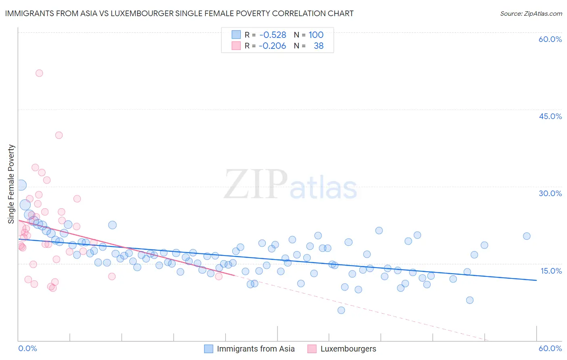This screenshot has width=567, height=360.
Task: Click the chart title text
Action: click(179, 13)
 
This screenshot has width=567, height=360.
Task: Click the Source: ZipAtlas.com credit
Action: click(531, 14)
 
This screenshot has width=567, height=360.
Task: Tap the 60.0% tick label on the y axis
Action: click(550, 39)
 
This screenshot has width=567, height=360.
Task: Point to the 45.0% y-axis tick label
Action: click(550, 116)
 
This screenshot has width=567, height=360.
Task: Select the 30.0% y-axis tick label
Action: click(550, 193)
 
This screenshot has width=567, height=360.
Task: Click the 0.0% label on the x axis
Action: click(27, 348)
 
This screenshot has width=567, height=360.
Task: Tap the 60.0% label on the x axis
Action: click(550, 348)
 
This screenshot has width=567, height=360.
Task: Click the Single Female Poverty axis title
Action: click(11, 184)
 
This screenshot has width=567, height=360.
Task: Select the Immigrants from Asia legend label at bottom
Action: click(256, 349)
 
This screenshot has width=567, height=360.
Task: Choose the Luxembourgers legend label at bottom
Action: click(348, 349)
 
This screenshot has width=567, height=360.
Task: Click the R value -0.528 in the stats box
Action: click(273, 35)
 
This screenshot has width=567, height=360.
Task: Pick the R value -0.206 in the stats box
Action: click(273, 46)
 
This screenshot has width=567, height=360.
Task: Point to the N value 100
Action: click(316, 35)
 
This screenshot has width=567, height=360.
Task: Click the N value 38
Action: click(319, 46)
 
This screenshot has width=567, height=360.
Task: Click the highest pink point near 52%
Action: click(39, 73)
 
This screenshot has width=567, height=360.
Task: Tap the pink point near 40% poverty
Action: click(59, 135)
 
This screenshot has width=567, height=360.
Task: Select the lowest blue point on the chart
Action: click(341, 310)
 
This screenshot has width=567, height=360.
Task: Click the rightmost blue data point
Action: click(527, 236)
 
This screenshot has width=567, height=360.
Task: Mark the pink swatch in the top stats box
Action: click(236, 46)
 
